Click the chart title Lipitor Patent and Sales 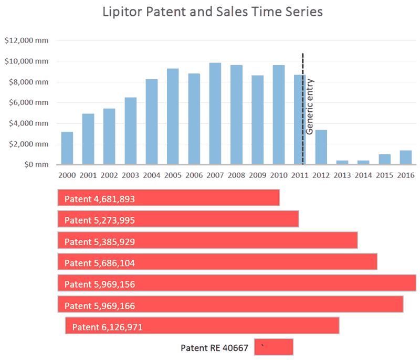click(212, 11)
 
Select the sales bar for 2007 click(215, 113)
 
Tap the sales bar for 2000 click(67, 148)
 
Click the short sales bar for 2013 click(342, 162)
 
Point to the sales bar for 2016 click(406, 157)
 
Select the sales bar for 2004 click(152, 122)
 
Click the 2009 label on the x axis click(257, 175)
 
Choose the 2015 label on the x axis click(385, 175)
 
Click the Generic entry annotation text click(310, 107)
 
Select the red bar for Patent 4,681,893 click(168, 198)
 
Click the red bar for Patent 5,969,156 click(236, 283)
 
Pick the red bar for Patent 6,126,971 click(202, 326)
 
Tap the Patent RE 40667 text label click(214, 348)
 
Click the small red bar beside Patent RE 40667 click(274, 347)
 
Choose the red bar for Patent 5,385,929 click(207, 241)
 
